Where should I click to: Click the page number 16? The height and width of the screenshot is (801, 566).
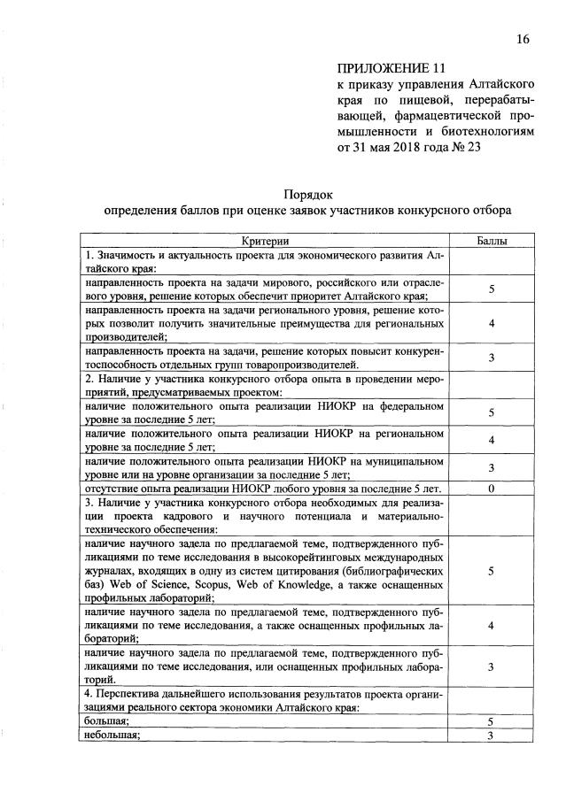[523, 39]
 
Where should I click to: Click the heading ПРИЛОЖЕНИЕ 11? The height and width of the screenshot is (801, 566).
[389, 68]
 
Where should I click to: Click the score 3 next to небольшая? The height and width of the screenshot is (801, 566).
[490, 736]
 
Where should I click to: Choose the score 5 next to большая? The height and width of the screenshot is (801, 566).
[490, 722]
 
